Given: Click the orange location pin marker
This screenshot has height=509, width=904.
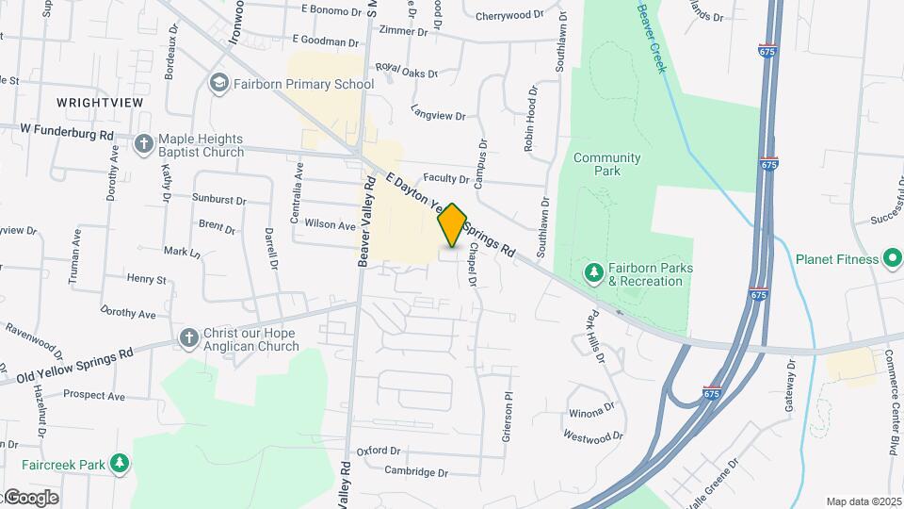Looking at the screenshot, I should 452,225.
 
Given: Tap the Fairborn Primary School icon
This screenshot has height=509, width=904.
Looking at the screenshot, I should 219,84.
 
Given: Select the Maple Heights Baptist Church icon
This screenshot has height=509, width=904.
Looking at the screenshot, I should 143,144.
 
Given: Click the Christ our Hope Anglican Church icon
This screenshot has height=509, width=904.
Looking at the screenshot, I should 187,338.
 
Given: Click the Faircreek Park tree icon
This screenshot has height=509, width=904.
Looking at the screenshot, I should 119,463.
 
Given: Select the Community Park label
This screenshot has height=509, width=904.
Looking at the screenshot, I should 606,165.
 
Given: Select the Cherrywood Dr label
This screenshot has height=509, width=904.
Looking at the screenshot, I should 509,15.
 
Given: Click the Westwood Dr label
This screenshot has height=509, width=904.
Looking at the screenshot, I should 592,435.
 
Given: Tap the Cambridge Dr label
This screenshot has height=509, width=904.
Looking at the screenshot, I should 415,471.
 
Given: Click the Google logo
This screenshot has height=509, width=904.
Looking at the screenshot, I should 30,497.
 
